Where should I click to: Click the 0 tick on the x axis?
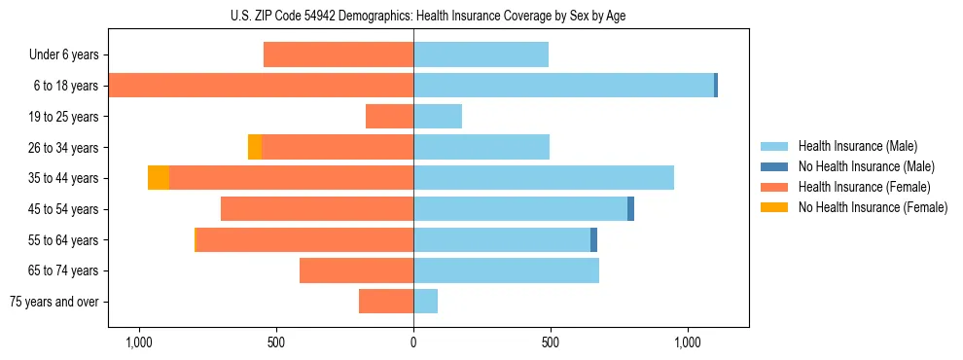413,342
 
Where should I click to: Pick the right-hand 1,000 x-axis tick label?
688,342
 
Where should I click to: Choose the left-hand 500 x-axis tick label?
275,342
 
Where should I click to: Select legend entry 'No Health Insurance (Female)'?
873,207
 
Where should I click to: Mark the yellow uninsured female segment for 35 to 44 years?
159,178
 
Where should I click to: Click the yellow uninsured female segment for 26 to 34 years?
255,147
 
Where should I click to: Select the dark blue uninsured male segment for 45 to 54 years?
630,208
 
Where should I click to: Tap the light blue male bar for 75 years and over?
425,302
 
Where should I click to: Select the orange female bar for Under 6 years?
339,55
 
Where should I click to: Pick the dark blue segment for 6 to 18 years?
716,86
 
